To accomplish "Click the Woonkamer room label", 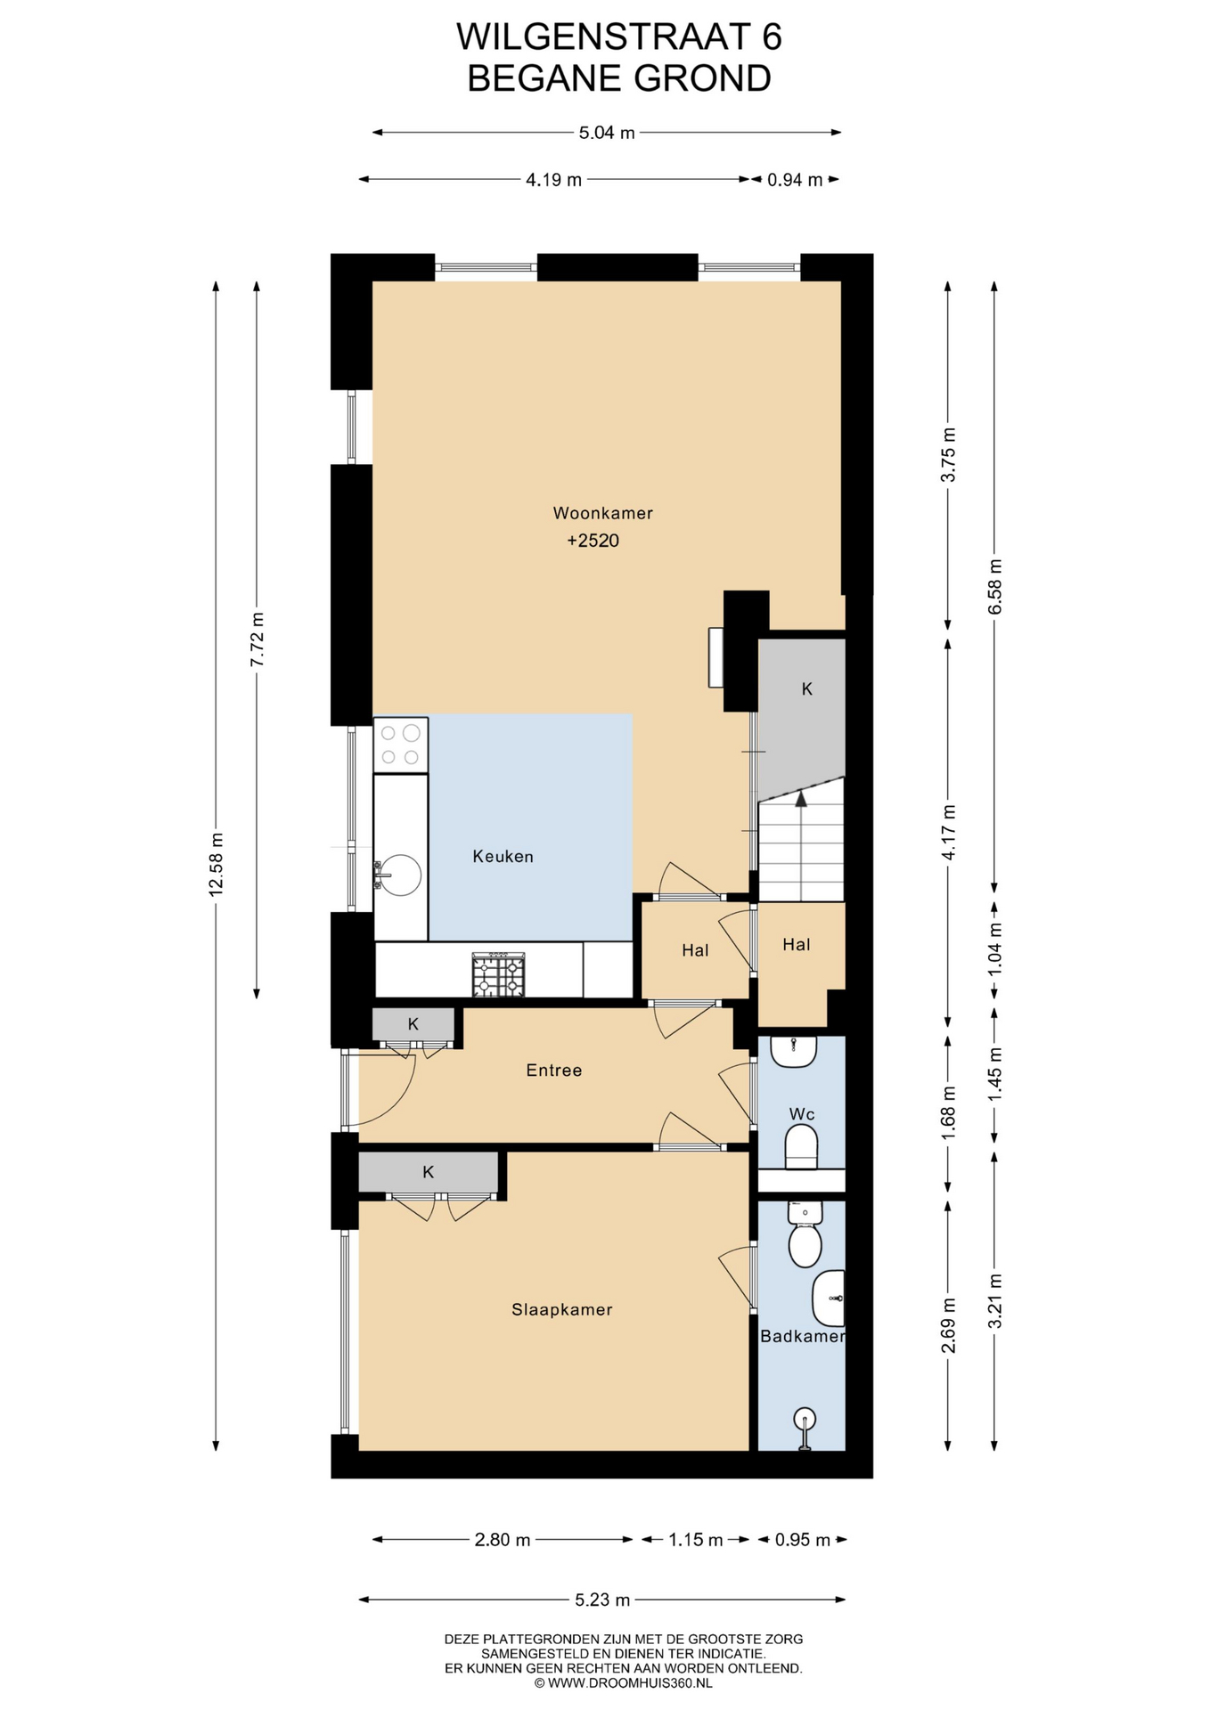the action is coord(602,513).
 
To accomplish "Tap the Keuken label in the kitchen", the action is coord(503,857).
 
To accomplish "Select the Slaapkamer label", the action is coord(561,1309).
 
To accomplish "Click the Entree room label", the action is coord(553,1071).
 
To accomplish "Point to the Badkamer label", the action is coord(802,1336).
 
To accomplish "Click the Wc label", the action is coord(802,1114).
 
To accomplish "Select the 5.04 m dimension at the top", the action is coord(607,133).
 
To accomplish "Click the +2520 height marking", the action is coord(593,541).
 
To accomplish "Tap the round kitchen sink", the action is coord(398,875).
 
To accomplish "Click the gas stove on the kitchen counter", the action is coord(499,975).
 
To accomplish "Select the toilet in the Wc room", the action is coord(801,1147).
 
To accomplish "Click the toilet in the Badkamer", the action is coord(805,1234).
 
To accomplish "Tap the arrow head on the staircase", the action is coord(801,799).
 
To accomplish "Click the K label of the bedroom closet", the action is coord(428,1172).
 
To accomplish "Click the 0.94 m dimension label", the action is coord(795,180).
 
